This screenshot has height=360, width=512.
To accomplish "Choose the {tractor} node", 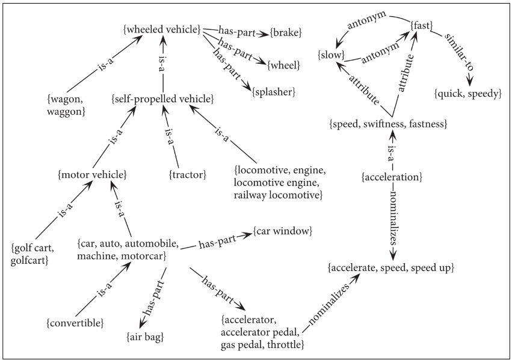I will [x=188, y=174].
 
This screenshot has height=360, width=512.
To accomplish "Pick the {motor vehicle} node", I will [x=91, y=174].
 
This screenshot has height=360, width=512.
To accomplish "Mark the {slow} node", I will [x=331, y=55].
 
